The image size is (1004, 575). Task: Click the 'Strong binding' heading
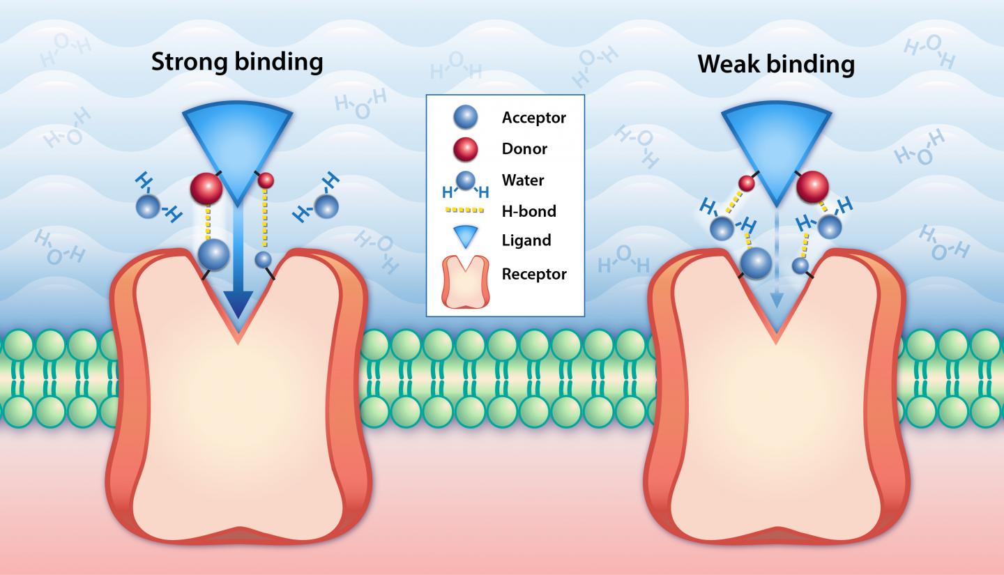(237, 62)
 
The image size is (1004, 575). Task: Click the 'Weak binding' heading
(775, 65)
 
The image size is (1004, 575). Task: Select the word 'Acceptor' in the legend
(533, 118)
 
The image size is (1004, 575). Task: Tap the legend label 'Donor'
(524, 148)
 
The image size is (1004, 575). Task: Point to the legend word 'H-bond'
(528, 210)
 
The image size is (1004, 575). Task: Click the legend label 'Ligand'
(526, 240)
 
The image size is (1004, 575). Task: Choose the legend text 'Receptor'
(534, 274)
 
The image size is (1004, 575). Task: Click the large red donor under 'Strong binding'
(206, 188)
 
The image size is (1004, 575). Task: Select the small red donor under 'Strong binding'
(266, 181)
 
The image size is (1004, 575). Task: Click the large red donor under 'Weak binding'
(812, 186)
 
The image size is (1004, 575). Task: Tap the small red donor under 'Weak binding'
(747, 183)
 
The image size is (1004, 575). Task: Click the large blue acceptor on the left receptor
(214, 254)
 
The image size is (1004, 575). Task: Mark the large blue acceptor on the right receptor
(756, 263)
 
